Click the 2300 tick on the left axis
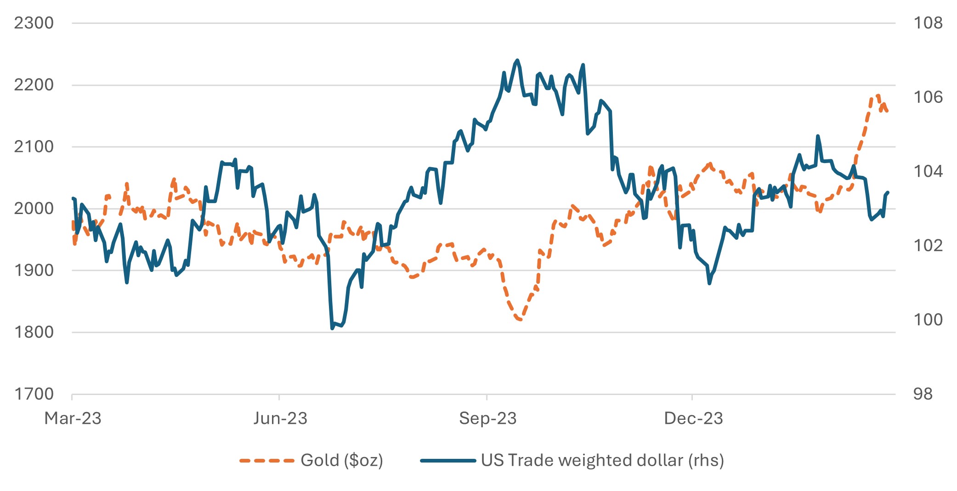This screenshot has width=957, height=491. [34, 23]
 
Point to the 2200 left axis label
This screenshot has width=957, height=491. [34, 85]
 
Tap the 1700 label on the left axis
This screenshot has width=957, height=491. [34, 394]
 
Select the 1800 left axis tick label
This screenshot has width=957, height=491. [34, 332]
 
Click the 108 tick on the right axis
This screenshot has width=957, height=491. [928, 23]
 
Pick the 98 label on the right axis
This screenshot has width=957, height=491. [923, 394]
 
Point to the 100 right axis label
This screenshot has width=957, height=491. [928, 320]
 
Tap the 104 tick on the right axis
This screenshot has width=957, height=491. [928, 171]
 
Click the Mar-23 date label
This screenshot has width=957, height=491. [73, 418]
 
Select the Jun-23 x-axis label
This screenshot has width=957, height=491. [280, 418]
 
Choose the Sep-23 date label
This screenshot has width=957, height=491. [487, 418]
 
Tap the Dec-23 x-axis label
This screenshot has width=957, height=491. [693, 418]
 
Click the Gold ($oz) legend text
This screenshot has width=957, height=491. [341, 460]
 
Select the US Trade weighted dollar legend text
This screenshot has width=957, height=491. [602, 460]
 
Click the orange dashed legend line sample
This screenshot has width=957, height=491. [266, 461]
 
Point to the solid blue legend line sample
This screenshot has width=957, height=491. [447, 461]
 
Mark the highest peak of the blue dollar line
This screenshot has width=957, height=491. [517, 60]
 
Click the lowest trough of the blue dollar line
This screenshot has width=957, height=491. [332, 328]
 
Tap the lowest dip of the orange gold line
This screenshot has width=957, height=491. [520, 319]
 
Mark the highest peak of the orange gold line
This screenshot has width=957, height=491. [878, 96]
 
